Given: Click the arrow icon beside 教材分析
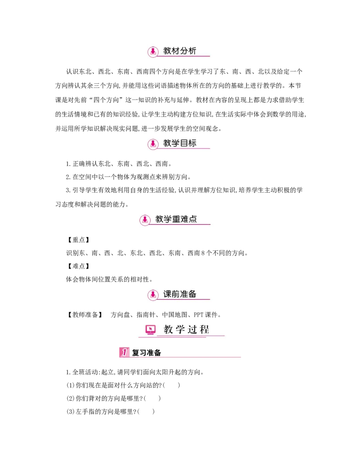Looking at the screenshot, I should [153, 52].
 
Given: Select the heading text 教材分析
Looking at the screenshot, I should [180, 51].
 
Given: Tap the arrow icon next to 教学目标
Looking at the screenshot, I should [153, 144].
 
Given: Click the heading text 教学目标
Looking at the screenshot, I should [180, 143].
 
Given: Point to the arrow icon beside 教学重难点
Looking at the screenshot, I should [144, 220].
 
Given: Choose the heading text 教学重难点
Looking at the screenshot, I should [176, 219].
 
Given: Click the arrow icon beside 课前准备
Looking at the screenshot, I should [153, 295].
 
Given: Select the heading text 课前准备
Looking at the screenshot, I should [180, 294].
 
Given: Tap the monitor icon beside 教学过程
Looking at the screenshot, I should [150, 330].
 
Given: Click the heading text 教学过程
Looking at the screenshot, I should [186, 329].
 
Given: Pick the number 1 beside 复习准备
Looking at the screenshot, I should [124, 352].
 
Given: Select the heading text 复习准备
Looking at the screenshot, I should [146, 353].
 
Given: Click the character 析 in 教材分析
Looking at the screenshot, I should [192, 51].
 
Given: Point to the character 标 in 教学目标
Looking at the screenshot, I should [192, 143].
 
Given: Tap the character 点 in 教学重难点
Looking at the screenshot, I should [193, 219].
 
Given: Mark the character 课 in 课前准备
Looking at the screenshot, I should [167, 294].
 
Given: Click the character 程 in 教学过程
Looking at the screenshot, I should [204, 329].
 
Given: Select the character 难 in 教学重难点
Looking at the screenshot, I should [184, 219].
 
